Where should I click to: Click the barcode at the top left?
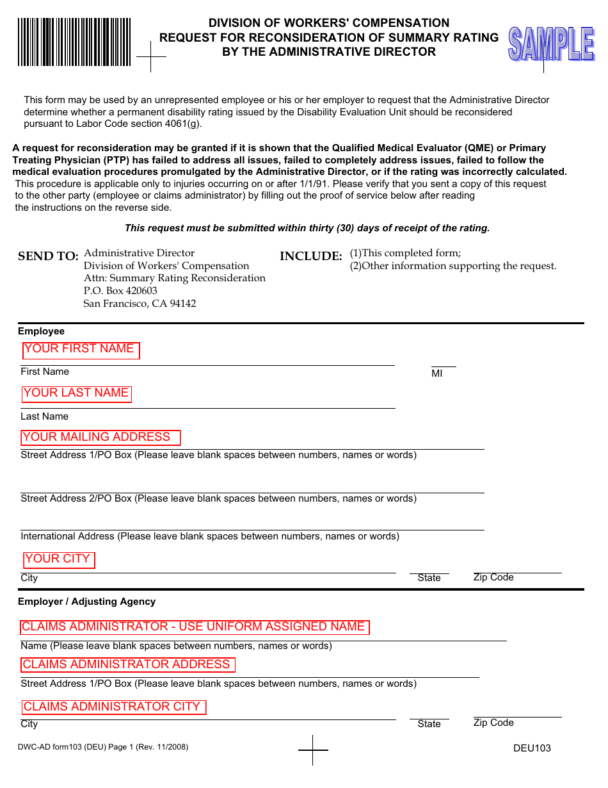[74, 42]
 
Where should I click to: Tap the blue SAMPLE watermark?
[551, 45]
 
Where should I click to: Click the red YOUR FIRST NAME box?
[81, 350]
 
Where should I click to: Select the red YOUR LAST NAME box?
[76, 394]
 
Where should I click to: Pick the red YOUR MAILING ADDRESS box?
[100, 438]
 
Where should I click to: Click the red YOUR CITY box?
[59, 559]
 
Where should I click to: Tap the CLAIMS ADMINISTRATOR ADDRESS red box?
[128, 665]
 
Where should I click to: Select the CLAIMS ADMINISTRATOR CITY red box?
[114, 707]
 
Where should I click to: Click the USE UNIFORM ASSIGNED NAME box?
[195, 627]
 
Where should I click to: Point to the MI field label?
[437, 373]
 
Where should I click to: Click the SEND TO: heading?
[48, 256]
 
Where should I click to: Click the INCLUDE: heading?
[311, 256]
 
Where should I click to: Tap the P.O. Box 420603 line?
[120, 291]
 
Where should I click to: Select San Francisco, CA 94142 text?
[140, 304]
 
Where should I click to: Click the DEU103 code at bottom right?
[532, 748]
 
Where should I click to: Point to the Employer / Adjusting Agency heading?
[86, 602]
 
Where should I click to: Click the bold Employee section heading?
[41, 331]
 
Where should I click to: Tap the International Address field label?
[209, 536]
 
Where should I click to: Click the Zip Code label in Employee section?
[493, 577]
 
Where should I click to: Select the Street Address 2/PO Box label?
[218, 498]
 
